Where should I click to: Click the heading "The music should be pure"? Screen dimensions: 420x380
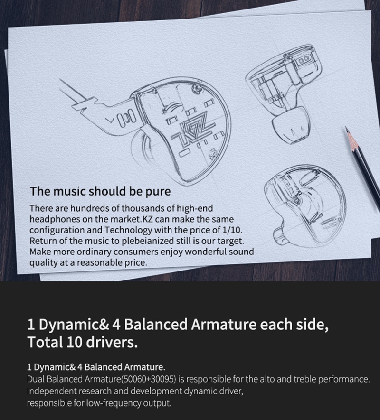[100, 192]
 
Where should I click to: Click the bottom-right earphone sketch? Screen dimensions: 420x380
[304, 199]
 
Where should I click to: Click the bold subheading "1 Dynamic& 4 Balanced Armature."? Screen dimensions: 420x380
[96, 367]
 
